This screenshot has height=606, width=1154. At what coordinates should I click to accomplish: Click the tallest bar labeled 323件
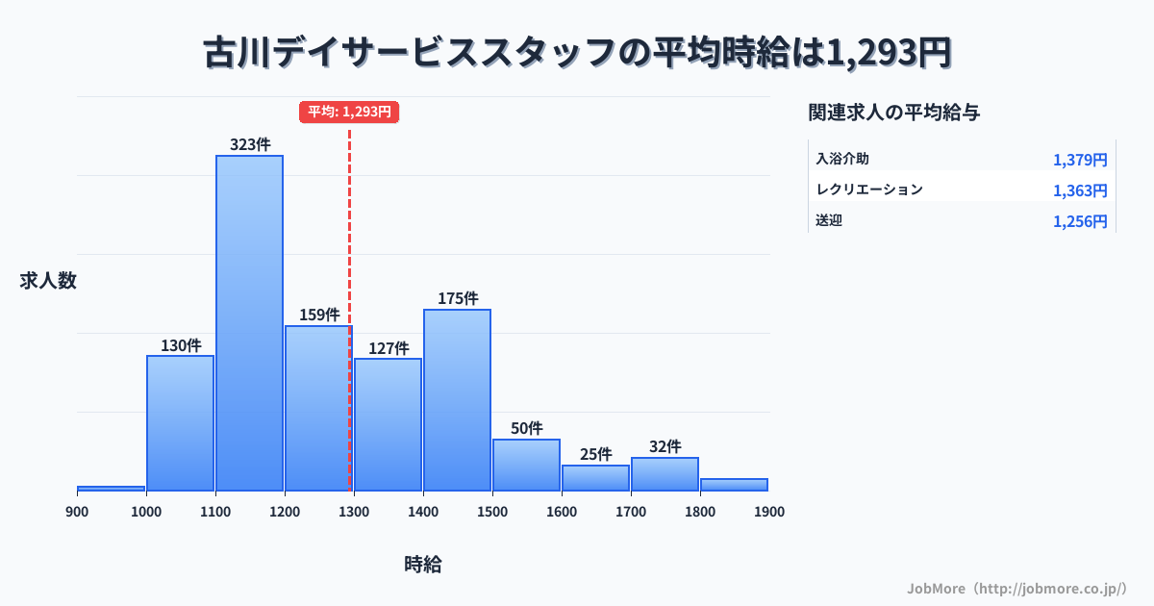249,322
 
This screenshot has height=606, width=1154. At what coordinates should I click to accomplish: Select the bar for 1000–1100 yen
180,423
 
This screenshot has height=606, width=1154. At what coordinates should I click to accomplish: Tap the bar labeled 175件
457,399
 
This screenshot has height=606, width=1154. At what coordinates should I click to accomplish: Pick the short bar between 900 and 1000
111,489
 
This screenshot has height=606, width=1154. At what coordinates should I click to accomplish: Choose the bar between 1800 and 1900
734,485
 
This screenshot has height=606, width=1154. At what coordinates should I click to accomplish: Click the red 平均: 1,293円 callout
349,112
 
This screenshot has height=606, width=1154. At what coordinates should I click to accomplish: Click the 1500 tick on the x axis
492,512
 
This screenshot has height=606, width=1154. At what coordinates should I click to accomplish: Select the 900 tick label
77,512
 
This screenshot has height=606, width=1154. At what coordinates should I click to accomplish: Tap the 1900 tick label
769,512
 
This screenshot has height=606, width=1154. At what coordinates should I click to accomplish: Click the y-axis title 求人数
48,281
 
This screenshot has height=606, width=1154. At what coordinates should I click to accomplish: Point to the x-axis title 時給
423,565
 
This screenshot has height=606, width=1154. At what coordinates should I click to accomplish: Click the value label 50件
526,428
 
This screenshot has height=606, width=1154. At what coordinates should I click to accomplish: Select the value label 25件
595,454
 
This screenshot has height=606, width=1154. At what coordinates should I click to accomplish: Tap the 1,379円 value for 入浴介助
1080,160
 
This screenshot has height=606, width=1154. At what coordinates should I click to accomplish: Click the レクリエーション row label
869,189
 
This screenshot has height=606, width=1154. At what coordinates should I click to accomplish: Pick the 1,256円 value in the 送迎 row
1080,221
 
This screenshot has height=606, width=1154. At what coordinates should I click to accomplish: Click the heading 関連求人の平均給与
894,113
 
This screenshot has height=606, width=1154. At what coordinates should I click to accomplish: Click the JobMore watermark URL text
1017,588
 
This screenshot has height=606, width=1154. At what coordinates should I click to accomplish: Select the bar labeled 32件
665,474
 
